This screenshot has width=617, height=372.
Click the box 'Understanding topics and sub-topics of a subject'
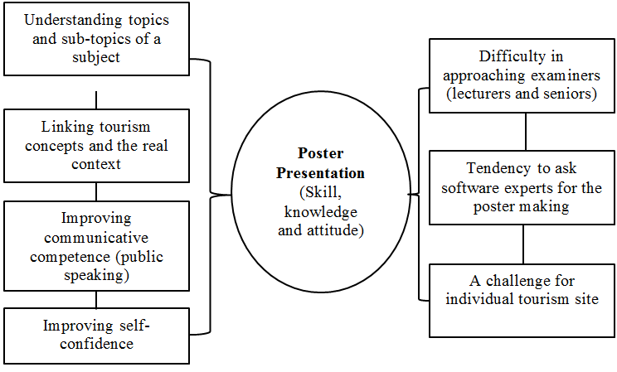(x=96, y=38)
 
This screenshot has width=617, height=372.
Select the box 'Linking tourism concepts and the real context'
(x=96, y=145)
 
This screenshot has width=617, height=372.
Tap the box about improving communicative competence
(x=96, y=247)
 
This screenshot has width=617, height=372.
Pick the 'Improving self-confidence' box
(x=96, y=334)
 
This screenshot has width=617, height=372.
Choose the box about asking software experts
(x=522, y=187)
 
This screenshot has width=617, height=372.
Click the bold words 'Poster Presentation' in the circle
(x=332, y=163)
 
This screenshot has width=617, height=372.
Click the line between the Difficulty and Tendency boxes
(x=526, y=131)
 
